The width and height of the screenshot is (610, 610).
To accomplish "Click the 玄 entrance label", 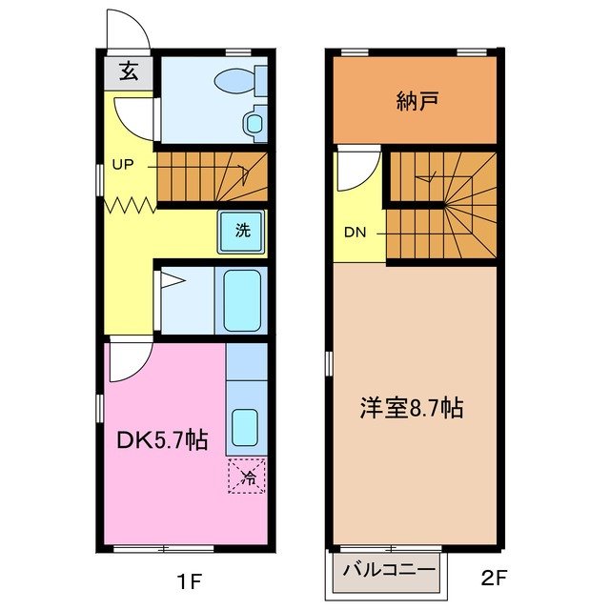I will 127,71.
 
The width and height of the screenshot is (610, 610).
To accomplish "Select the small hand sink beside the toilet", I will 254,122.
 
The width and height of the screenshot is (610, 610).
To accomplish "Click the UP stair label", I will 123,163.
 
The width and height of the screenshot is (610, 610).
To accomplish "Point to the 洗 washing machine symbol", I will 242,230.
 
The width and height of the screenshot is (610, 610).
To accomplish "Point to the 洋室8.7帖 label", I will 412,409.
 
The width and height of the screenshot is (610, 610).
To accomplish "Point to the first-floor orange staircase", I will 212,176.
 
